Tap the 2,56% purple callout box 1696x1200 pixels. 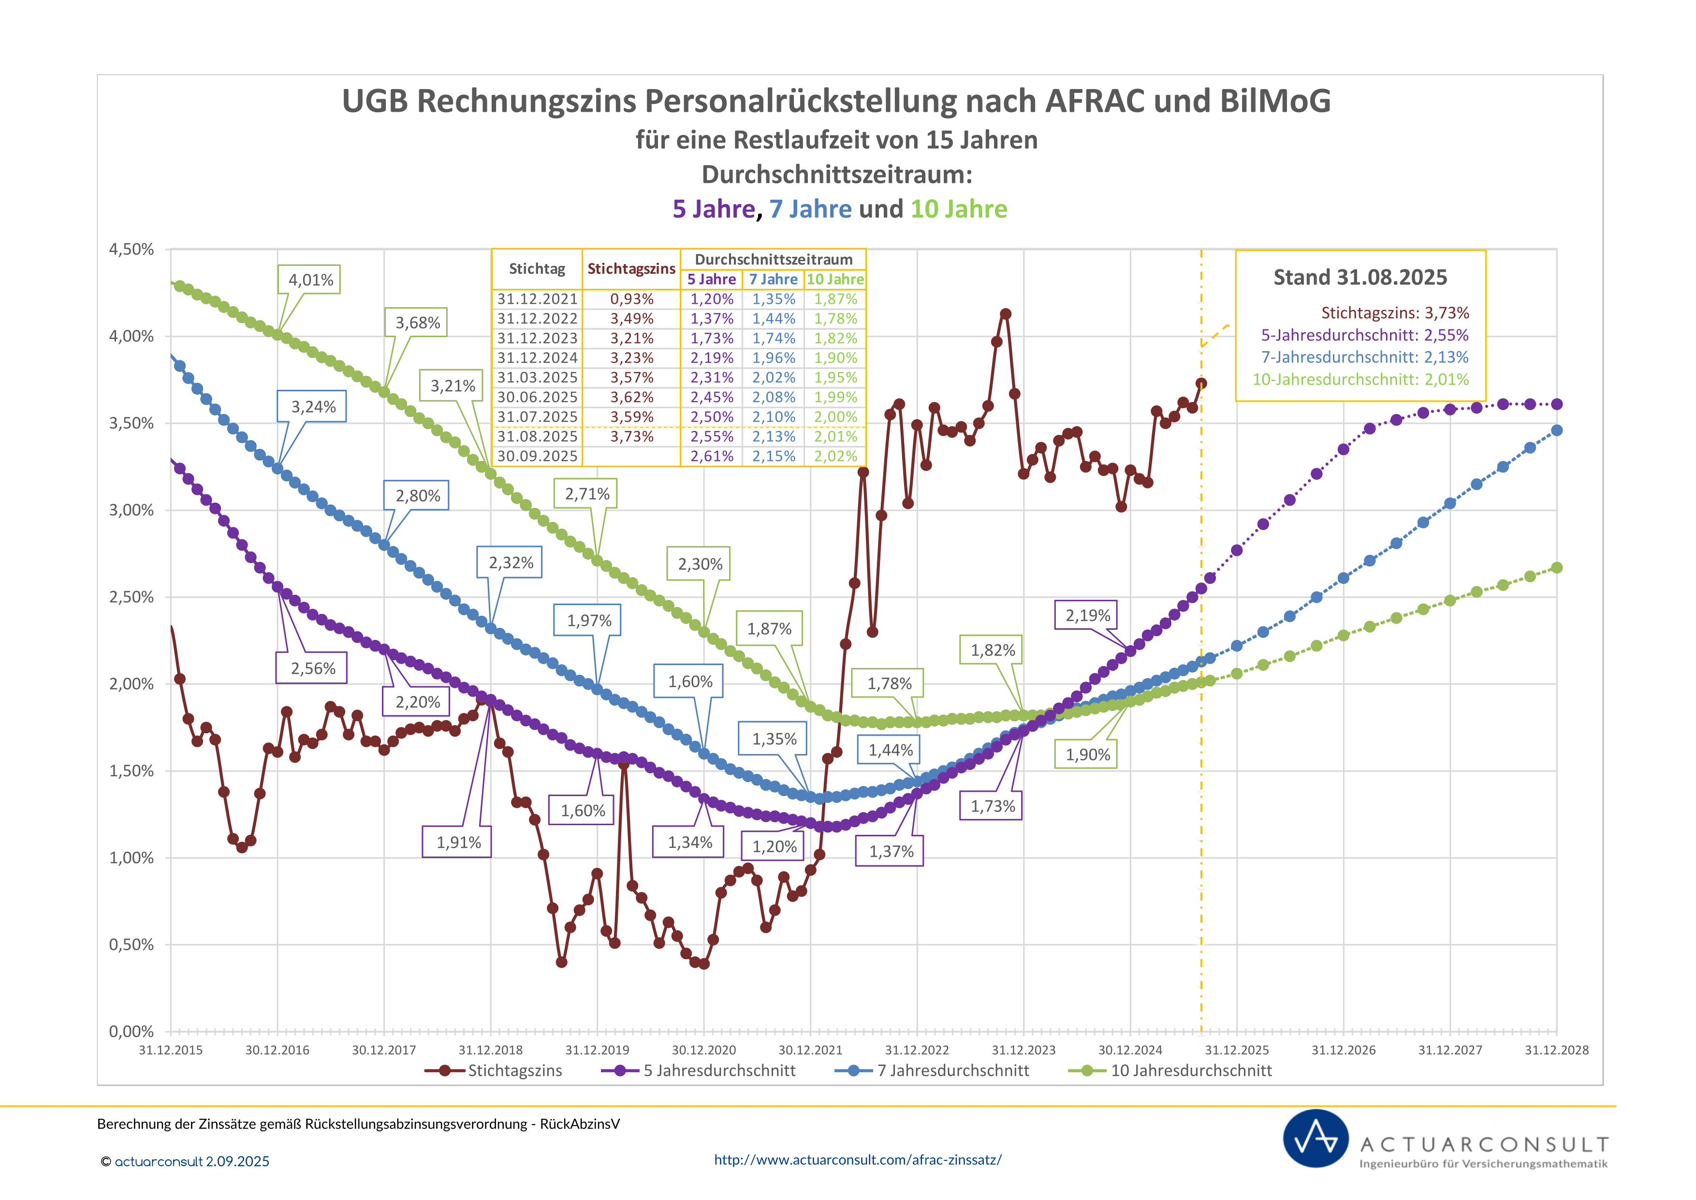coord(312,668)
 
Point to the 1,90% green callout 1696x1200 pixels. coord(1087,755)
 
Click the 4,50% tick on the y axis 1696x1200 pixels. coord(132,250)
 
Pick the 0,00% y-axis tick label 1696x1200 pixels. coord(132,1032)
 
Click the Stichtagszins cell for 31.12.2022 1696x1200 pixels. coord(631,318)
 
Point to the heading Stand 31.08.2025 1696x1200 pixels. coord(1360,277)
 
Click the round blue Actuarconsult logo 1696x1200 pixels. coord(1316,1139)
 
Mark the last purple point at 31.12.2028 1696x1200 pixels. coord(1556,404)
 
